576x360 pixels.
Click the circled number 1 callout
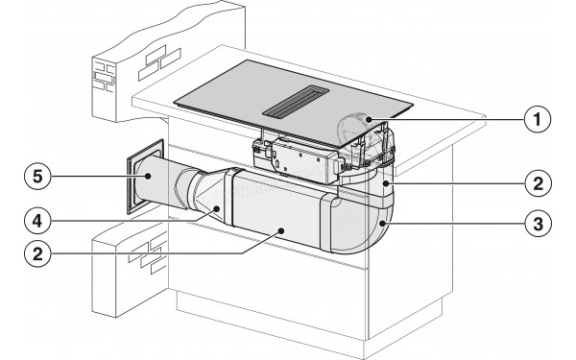[538, 119]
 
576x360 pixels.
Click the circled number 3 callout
[539, 223]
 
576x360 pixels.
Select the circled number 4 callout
[37, 221]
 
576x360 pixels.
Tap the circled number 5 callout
[37, 177]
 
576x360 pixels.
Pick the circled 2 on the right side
[539, 183]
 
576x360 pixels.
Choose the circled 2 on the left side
[37, 253]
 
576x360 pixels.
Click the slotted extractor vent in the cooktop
[296, 102]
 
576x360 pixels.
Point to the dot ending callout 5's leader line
[148, 177]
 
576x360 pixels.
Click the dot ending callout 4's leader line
[218, 208]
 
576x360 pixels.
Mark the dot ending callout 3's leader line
[383, 223]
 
